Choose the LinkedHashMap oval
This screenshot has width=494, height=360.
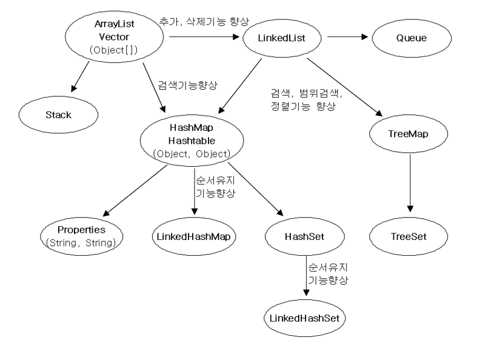(x=193, y=235)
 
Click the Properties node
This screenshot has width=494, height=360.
(x=81, y=231)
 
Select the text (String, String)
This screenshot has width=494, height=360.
(x=81, y=242)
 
